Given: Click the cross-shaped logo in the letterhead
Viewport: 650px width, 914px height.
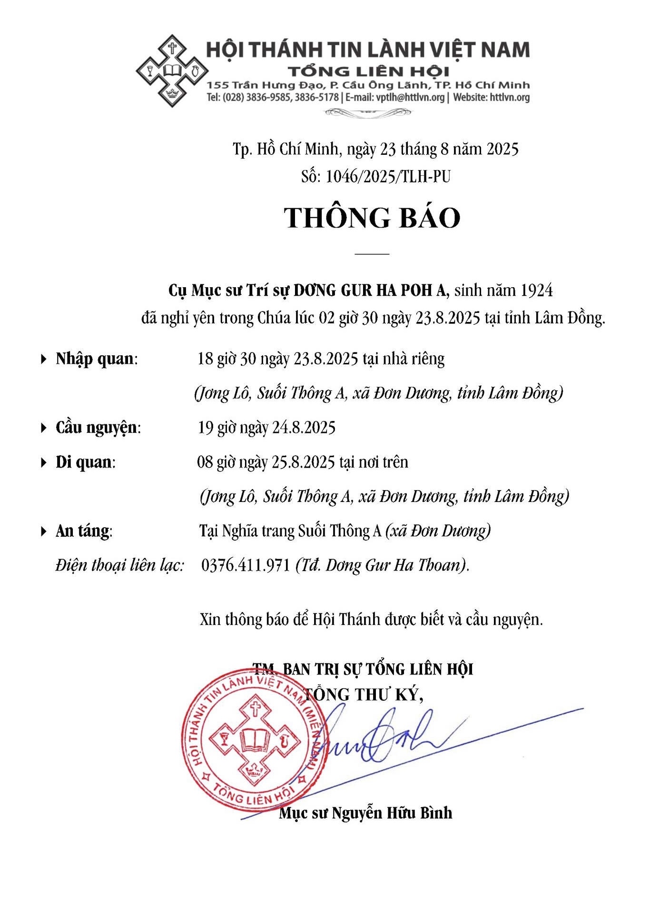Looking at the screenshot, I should pos(172,71).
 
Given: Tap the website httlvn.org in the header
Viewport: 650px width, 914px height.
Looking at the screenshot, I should pos(510,98).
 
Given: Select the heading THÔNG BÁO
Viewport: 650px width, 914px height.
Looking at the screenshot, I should pos(372,218).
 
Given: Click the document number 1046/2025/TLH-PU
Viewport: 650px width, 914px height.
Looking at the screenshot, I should pos(388,177).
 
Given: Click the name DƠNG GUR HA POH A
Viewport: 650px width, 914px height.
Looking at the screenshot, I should pos(370,290).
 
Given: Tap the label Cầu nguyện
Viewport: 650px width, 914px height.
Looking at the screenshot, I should pos(98,427).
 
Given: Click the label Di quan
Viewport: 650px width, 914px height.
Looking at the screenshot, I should pos(85,462).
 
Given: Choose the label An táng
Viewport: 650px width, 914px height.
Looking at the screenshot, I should pos(83,531).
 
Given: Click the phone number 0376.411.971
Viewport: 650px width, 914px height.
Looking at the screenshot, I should pos(246,565).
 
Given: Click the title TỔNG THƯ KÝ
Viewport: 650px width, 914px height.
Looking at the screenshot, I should pos(364,694).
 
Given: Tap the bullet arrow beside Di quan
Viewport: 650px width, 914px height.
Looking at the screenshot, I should pos(44,462).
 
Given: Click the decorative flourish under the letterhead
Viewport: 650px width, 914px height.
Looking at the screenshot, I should pos(367,112).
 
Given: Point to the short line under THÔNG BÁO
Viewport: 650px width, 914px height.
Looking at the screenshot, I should pos(372,254).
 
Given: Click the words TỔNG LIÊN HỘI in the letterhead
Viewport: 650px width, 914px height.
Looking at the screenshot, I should pos(368,71).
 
